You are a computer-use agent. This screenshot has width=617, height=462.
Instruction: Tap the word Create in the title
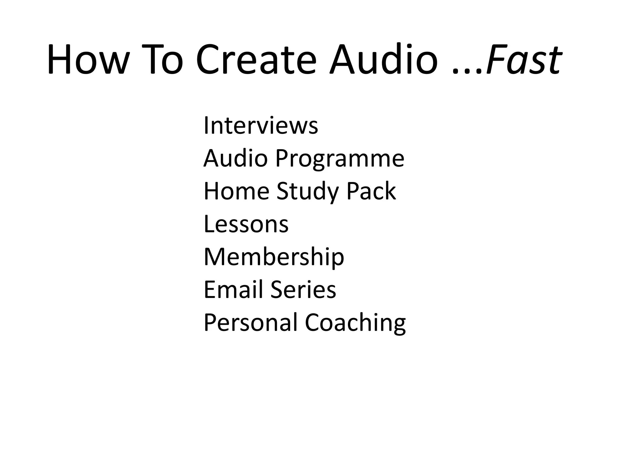(256, 59)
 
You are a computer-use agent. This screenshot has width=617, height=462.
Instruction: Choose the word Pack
(371, 191)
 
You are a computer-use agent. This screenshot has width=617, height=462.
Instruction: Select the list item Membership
(274, 257)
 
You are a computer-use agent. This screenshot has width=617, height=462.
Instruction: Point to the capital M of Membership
(214, 257)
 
